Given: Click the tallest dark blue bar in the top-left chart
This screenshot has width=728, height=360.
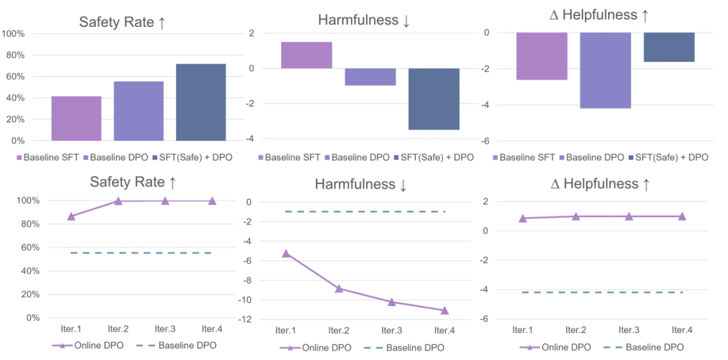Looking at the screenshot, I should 200,102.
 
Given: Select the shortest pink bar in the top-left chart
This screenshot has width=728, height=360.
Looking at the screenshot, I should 75,118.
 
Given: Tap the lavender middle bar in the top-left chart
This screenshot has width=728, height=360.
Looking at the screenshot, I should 139,111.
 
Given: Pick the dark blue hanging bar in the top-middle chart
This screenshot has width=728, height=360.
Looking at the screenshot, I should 434,99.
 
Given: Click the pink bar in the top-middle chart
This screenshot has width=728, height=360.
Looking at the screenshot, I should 307,54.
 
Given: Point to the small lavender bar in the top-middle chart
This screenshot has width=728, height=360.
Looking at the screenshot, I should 370,76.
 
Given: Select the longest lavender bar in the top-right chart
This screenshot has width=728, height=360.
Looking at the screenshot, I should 605,71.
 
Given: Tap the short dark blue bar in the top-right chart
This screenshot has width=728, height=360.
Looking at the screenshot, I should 669,47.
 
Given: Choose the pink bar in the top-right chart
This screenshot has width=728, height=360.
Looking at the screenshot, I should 541,57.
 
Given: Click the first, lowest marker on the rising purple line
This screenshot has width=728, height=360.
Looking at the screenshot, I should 71,216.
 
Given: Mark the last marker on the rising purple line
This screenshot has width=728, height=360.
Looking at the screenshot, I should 212,202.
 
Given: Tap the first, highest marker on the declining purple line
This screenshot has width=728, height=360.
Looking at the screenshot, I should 286,253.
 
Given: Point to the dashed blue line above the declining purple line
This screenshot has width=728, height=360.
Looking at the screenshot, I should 364,212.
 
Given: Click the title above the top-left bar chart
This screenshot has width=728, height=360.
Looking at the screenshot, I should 121,21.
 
